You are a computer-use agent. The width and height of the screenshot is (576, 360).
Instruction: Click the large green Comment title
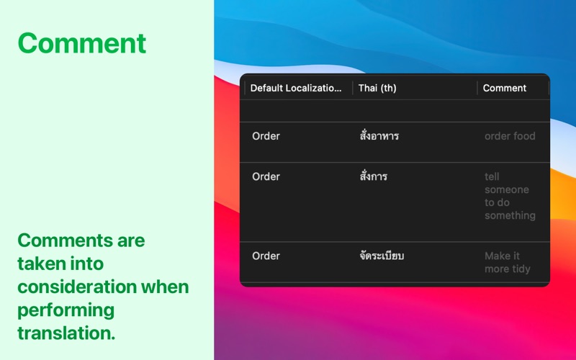[82, 43]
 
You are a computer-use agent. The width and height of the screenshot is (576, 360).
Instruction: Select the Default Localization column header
[296, 88]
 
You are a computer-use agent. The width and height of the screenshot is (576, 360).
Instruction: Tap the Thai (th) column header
[377, 88]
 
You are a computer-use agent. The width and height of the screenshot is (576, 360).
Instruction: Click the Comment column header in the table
[505, 88]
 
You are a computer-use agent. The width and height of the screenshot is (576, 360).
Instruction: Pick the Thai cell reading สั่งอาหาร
[379, 135]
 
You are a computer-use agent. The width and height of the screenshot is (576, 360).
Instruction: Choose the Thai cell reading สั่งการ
[373, 176]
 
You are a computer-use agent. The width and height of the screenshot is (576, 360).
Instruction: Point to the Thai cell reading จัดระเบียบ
[382, 256]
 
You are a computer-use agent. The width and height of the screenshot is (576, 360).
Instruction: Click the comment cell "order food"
[510, 136]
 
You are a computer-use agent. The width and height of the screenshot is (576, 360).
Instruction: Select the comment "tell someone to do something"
[510, 196]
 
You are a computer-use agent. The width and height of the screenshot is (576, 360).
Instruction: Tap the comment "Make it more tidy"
[508, 262]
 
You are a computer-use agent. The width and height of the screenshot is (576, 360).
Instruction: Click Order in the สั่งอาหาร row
[266, 136]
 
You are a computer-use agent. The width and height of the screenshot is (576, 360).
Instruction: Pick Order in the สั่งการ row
[266, 176]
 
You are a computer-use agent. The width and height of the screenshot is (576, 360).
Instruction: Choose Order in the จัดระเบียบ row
[266, 256]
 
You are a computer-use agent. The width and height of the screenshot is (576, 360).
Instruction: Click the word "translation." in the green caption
[66, 333]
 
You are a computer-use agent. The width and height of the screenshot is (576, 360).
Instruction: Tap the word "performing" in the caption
[66, 310]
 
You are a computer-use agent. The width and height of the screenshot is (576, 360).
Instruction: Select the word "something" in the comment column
[510, 215]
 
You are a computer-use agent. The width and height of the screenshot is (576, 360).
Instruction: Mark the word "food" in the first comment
[524, 136]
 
